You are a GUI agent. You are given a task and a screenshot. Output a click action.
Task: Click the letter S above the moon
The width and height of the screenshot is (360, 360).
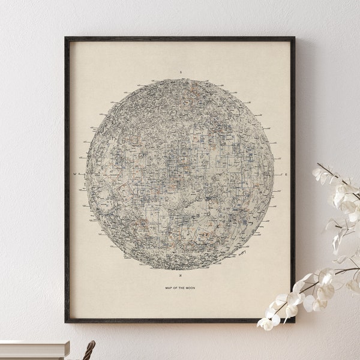point(179,72)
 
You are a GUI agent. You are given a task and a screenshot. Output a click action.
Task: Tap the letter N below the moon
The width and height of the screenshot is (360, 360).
point(179,276)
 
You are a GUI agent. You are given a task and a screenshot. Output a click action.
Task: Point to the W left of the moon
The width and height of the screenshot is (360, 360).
point(74,175)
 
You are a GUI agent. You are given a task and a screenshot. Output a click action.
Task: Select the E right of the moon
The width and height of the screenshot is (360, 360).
point(286,175)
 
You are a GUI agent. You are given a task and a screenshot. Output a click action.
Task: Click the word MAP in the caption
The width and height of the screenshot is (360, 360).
point(169,288)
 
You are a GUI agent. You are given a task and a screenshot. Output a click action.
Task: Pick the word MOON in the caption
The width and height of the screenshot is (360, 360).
point(190,288)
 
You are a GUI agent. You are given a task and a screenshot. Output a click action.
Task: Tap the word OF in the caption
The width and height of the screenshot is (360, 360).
point(176,288)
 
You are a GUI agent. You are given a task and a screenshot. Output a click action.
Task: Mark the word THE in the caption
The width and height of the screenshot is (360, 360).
point(182,288)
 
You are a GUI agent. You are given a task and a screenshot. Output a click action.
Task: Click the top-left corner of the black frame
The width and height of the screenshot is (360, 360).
point(66,38)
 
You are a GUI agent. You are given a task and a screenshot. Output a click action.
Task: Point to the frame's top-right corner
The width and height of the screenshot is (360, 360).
point(294,38)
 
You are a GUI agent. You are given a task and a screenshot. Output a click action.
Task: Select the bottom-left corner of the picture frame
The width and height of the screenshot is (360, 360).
point(66,322)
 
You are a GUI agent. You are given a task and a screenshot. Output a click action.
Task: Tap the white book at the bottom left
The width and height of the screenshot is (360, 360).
point(33,350)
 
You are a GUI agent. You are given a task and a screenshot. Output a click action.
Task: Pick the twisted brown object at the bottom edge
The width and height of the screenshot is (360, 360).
point(89,350)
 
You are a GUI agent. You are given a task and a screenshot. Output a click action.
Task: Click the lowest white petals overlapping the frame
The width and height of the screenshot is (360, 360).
point(267,321)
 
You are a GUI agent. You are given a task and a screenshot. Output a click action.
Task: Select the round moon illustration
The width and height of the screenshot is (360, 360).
point(179,174)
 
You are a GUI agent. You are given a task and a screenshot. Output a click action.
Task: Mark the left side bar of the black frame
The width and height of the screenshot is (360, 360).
point(67,180)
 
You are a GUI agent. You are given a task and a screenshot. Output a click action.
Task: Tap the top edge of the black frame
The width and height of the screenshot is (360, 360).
point(180,39)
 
